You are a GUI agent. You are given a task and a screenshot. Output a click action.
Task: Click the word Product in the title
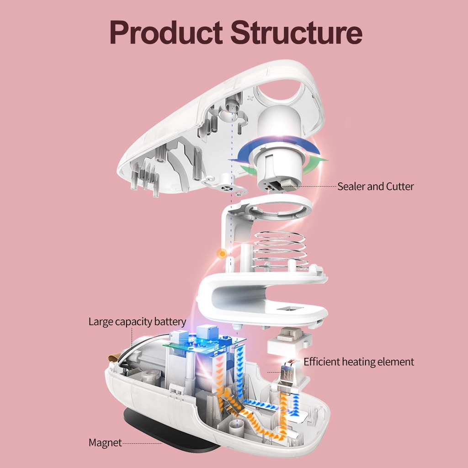point(166,32)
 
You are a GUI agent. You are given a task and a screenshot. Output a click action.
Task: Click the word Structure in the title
point(296,32)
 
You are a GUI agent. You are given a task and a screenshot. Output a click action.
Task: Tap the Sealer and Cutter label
point(376,186)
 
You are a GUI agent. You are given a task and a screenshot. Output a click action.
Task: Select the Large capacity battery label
point(137,322)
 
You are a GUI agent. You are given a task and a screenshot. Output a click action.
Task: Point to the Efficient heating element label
point(359,362)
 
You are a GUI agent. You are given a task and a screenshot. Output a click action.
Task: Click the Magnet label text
point(105,442)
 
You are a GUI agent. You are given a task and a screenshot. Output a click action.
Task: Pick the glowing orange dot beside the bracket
point(222,254)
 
